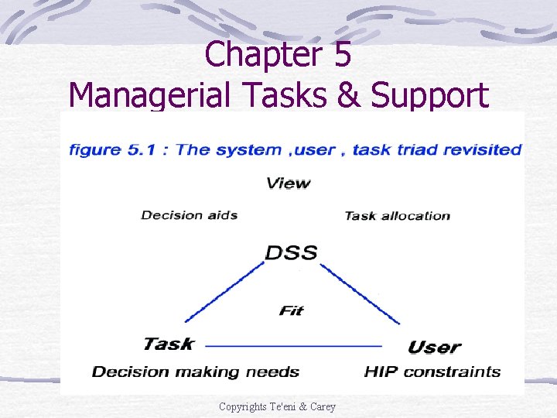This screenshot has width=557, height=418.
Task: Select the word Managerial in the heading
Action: [x=147, y=96]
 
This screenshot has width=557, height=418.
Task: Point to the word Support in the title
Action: [x=429, y=96]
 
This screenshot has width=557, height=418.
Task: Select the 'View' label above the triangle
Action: [x=288, y=183]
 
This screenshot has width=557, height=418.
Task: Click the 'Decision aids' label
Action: [x=189, y=215]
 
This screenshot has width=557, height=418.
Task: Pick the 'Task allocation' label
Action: [x=397, y=216]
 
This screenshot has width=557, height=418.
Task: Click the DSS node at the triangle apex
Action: [x=291, y=253]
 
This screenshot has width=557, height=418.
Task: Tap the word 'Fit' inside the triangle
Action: [x=291, y=310]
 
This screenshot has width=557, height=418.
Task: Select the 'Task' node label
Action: [x=169, y=344]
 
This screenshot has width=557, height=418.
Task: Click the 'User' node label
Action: [x=434, y=347]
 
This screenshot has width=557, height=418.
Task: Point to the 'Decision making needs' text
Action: [x=196, y=372]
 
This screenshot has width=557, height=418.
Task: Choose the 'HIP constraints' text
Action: [x=432, y=372]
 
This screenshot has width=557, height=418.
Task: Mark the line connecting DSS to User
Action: [x=360, y=294]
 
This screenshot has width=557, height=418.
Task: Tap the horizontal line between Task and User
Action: [x=294, y=345]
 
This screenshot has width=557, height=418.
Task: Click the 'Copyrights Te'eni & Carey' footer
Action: [x=277, y=406]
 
